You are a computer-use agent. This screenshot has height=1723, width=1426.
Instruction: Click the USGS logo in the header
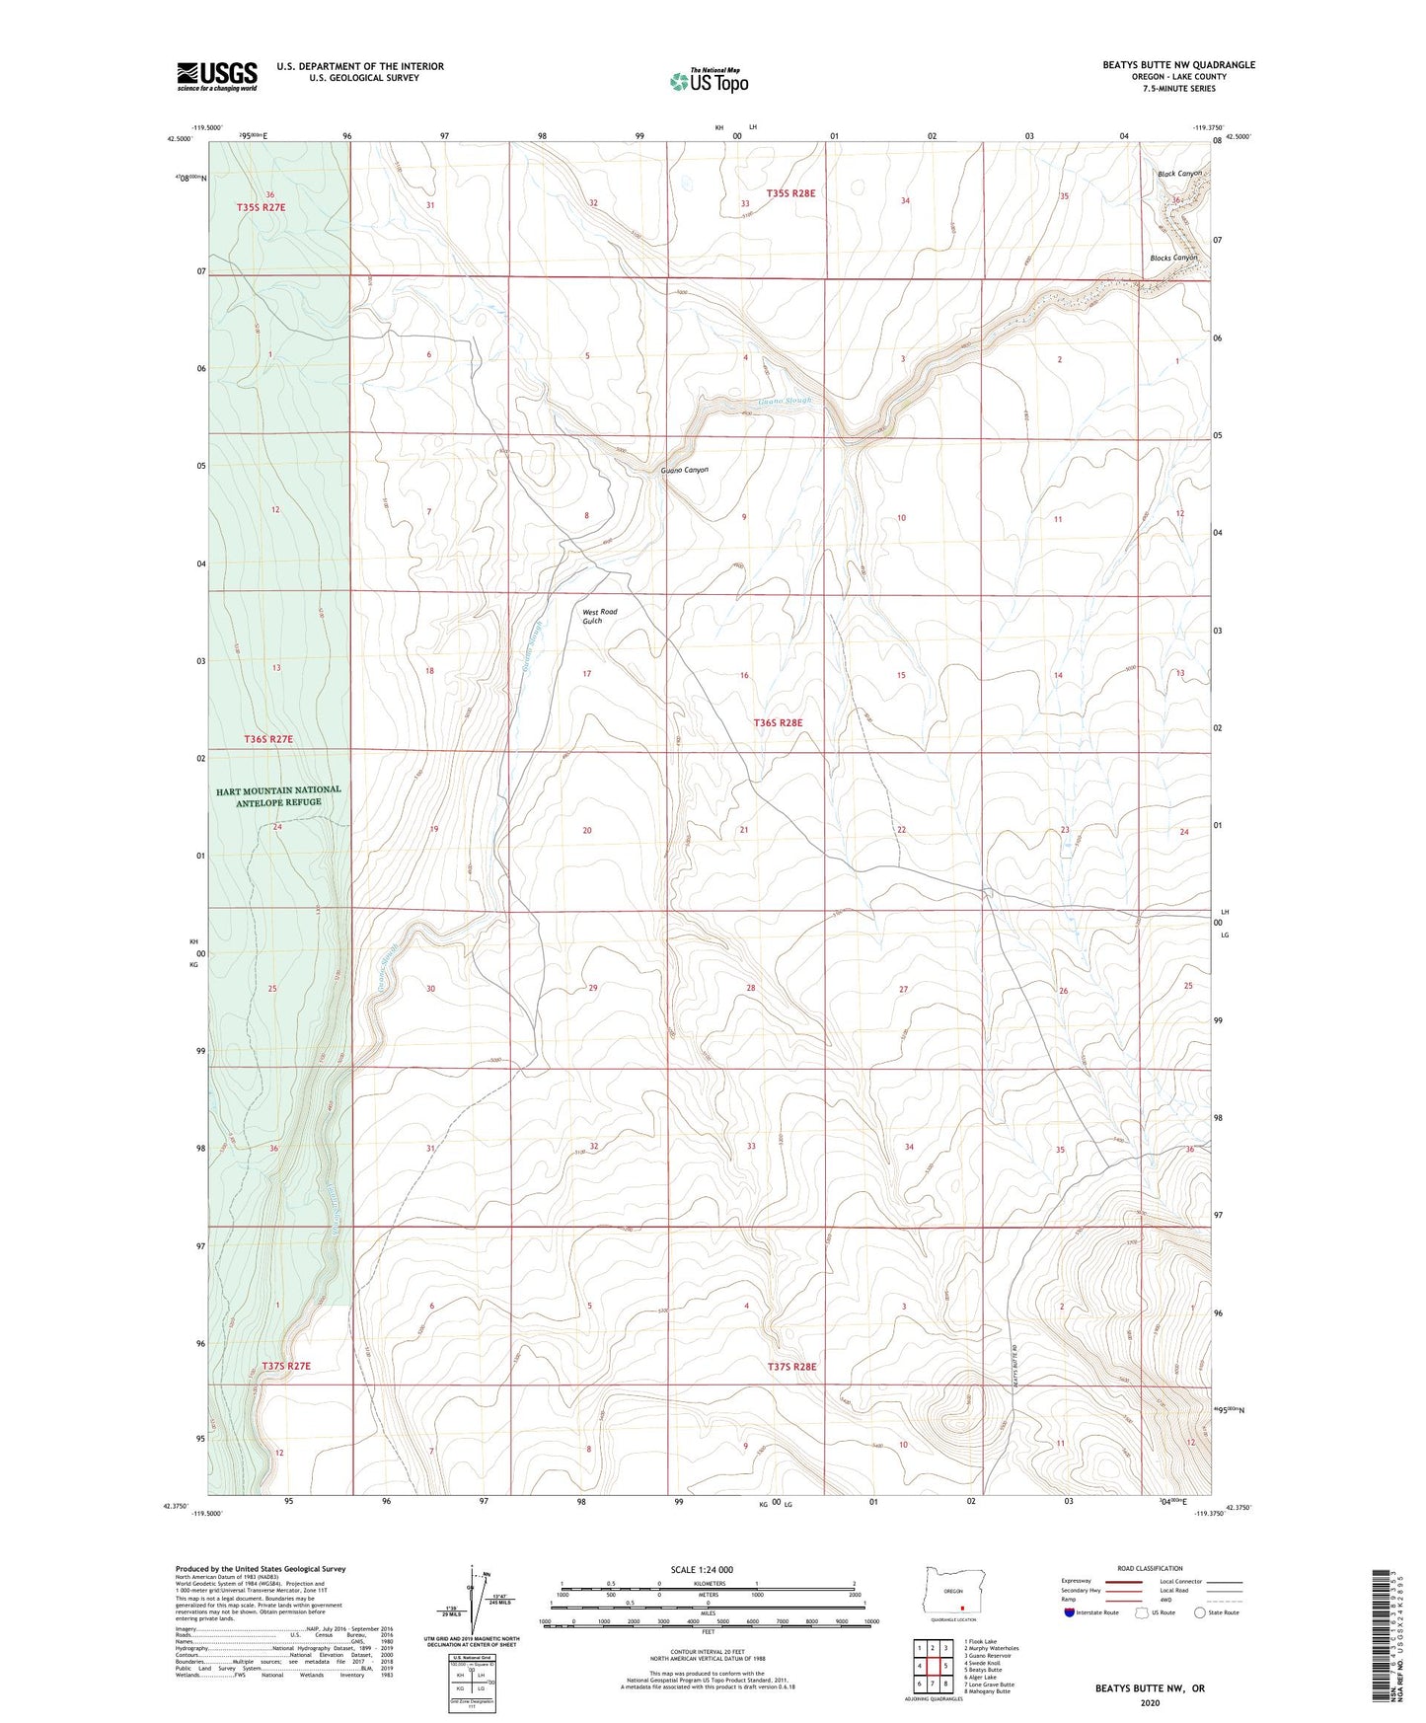[217, 76]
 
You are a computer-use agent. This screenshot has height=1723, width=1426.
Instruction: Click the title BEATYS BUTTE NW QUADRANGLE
[1178, 65]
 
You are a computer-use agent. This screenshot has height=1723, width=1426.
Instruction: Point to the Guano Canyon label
[685, 471]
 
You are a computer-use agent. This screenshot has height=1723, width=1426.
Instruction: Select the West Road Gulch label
[598, 616]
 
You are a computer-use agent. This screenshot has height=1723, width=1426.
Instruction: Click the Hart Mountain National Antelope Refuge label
[278, 795]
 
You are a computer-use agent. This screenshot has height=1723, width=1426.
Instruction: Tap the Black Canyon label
[1179, 174]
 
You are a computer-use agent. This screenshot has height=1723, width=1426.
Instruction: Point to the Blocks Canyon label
[1173, 258]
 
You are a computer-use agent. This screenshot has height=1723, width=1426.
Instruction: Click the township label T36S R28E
[778, 722]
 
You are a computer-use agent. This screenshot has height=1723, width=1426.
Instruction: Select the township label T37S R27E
[286, 1366]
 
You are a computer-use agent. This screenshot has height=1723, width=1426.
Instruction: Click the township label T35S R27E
[261, 207]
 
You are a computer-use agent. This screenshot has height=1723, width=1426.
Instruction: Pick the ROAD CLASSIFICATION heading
[1150, 1568]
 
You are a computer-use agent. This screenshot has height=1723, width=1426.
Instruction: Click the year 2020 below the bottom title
[1149, 1703]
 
